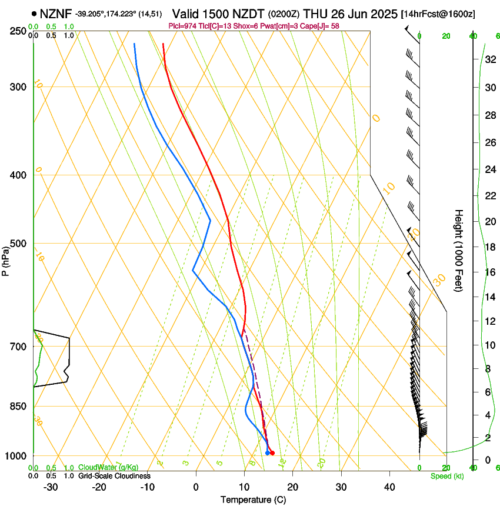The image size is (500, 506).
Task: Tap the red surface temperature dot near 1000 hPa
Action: [x=272, y=452]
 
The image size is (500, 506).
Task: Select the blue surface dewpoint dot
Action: [x=268, y=452]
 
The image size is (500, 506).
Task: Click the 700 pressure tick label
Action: [x=19, y=347]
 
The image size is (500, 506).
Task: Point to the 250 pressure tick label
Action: [x=19, y=31]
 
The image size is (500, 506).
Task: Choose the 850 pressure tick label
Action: [x=19, y=407]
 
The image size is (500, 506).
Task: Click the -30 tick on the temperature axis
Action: [x=51, y=487]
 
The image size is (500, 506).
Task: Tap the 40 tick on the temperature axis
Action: [x=389, y=487]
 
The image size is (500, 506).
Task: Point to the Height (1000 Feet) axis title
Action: [x=459, y=250]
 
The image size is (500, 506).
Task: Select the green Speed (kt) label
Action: [x=446, y=476]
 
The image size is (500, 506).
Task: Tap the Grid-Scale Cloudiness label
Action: [x=114, y=475]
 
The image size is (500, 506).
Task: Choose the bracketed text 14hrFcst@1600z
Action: [x=439, y=14]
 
